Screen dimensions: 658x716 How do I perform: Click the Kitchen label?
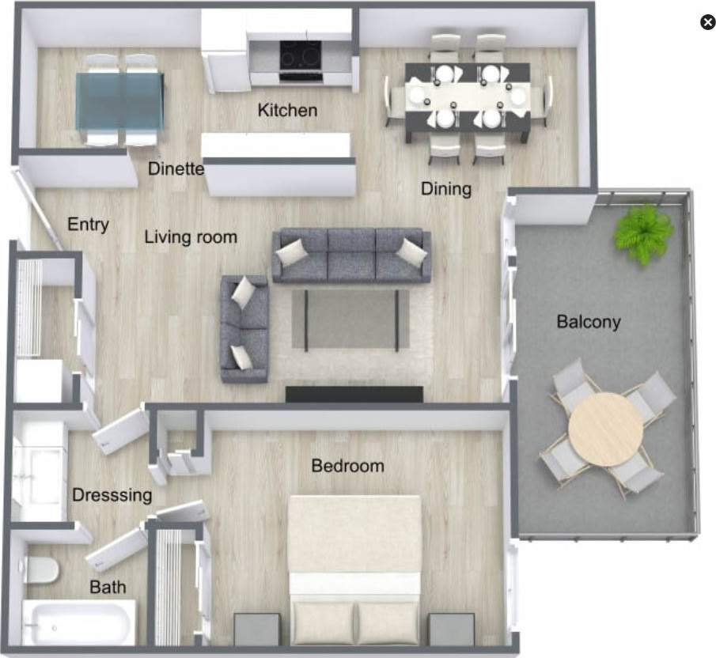(287, 110)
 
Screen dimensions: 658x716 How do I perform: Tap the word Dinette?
(176, 168)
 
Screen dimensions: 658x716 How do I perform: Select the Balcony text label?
(588, 322)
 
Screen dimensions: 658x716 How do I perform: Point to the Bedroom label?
(347, 466)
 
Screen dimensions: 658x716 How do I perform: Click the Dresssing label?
(112, 496)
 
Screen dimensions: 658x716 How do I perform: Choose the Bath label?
(108, 588)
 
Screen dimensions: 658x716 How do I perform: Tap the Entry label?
(88, 225)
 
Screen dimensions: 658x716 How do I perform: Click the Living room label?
(191, 236)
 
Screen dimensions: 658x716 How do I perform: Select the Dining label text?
(445, 189)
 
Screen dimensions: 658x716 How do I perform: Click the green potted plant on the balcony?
(644, 233)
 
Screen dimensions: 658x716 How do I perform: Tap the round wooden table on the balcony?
(605, 429)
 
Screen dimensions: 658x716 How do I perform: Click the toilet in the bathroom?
(41, 568)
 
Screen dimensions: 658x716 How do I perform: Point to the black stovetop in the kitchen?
(301, 56)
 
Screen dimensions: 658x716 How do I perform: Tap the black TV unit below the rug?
(354, 394)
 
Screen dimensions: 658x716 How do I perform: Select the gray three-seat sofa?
(351, 256)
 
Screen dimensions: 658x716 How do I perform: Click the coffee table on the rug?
(350, 319)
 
